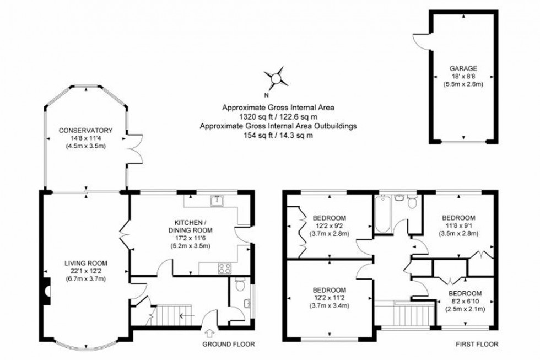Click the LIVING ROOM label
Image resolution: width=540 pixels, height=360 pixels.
click(85, 263)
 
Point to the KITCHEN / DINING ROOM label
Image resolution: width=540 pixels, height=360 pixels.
click(190, 226)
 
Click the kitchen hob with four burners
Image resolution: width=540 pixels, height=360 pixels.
click(225, 268)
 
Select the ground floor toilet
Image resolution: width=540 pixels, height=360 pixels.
click(239, 285)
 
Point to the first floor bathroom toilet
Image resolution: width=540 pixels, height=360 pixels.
click(411, 202)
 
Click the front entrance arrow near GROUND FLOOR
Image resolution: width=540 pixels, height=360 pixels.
click(209, 334)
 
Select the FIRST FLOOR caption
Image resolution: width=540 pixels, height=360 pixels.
click(477, 345)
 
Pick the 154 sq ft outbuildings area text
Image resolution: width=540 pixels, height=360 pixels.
click(278, 136)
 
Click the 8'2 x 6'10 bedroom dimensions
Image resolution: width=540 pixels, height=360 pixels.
click(464, 302)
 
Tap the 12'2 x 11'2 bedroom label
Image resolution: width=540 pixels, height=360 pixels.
click(329, 298)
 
